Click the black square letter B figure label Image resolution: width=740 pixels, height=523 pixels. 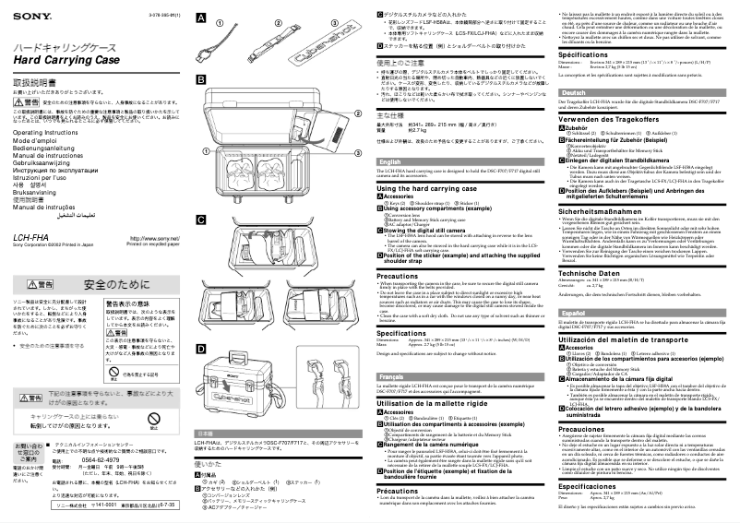[x=201, y=81]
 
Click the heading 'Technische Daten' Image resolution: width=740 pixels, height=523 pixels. [x=595, y=274]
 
